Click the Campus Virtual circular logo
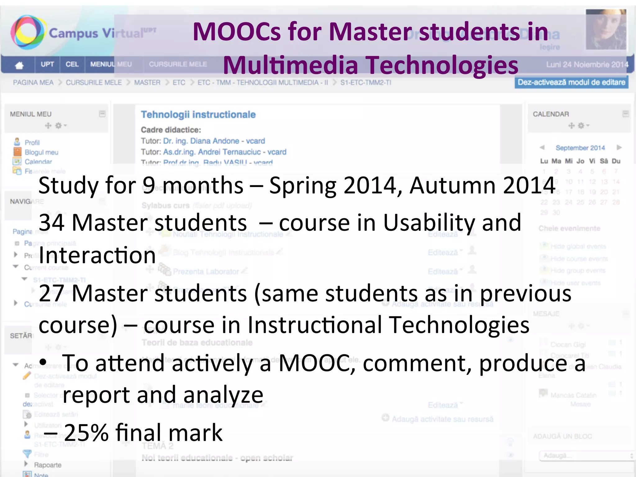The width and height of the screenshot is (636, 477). pyautogui.click(x=27, y=32)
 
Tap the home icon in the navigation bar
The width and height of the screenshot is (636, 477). pyautogui.click(x=19, y=65)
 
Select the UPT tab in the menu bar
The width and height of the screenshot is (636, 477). pyautogui.click(x=47, y=64)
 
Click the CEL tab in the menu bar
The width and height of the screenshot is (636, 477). pyautogui.click(x=72, y=64)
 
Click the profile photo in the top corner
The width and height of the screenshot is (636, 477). pyautogui.click(x=605, y=30)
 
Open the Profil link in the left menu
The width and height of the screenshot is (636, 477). pyautogui.click(x=32, y=143)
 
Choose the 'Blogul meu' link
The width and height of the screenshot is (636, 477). pyautogui.click(x=41, y=152)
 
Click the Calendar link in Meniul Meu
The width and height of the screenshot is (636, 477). pyautogui.click(x=38, y=162)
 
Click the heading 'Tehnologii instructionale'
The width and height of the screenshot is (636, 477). pyautogui.click(x=198, y=115)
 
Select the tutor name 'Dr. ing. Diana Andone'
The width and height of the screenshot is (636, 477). pyautogui.click(x=201, y=141)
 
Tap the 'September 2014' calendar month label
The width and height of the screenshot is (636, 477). pyautogui.click(x=580, y=148)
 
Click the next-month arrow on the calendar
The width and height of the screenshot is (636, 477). pyautogui.click(x=619, y=148)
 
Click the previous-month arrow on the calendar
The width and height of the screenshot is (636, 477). pyautogui.click(x=542, y=148)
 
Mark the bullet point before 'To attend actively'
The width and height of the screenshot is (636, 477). pyautogui.click(x=43, y=362)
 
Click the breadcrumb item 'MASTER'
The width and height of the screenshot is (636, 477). pyautogui.click(x=147, y=83)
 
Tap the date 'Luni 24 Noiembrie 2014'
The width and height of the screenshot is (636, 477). pyautogui.click(x=587, y=65)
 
